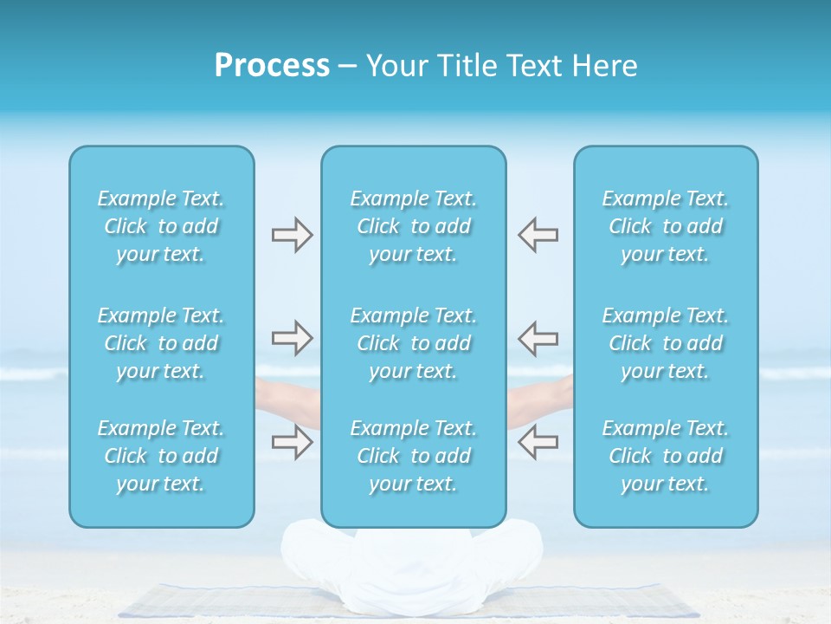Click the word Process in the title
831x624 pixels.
point(272,66)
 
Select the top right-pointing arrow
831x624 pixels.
point(292,235)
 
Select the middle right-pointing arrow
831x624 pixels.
point(292,338)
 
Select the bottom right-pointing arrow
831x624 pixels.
point(292,442)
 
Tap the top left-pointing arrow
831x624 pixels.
point(538,235)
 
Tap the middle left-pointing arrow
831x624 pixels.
point(538,338)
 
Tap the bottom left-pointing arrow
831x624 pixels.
point(538,442)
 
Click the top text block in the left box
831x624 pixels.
point(161,226)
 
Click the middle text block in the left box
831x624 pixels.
point(161,343)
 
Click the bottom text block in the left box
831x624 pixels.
point(161,456)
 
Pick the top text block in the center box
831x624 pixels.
point(413,226)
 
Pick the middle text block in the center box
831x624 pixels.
point(413,343)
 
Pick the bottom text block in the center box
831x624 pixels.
point(413,456)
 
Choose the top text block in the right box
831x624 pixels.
point(665,226)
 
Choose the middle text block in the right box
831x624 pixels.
point(665,343)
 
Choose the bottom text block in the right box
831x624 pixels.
point(665,456)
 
